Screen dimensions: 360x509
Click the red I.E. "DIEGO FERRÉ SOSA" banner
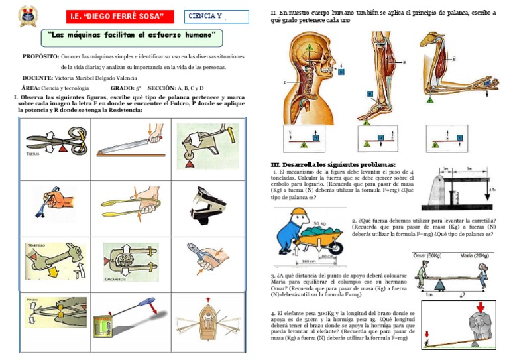click(121, 16)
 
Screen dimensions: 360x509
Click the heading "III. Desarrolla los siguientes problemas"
click(333, 164)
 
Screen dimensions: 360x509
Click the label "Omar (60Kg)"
click(427, 255)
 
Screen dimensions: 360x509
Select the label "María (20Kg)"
click(479, 255)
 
